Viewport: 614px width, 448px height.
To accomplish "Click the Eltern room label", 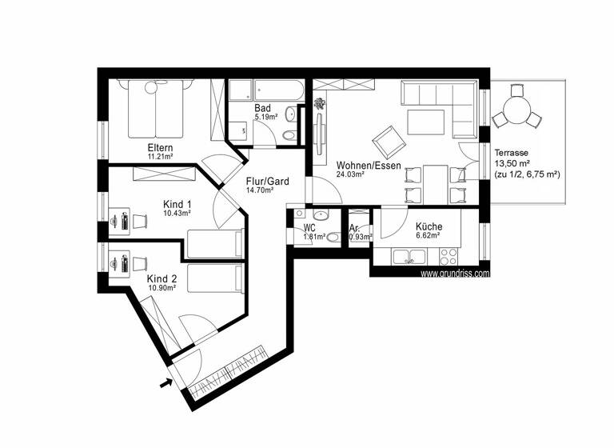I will coord(160,148).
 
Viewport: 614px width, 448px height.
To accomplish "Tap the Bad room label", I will coord(263,108).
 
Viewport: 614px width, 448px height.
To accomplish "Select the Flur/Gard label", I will coord(267,182).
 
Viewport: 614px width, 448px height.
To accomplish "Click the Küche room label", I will coord(429,226).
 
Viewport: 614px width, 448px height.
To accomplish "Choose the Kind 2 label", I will coord(160,278).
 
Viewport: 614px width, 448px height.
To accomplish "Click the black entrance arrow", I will coord(166,383).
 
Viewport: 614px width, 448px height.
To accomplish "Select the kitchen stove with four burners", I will coord(449,257).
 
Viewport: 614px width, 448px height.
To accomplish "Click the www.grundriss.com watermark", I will coord(454,273).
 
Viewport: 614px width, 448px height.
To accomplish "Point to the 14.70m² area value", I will coord(260,191).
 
